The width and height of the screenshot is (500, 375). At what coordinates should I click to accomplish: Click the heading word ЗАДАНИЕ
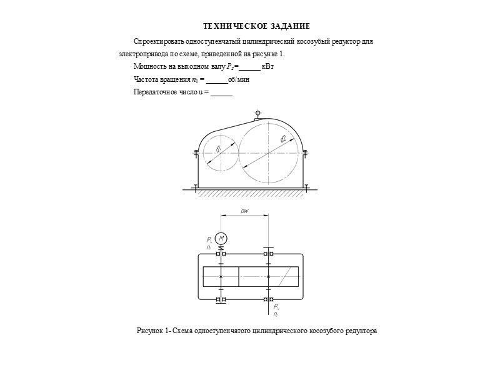click(x=289, y=26)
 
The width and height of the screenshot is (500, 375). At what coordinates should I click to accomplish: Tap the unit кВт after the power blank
click(x=267, y=66)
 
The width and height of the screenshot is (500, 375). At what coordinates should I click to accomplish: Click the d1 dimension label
click(x=218, y=149)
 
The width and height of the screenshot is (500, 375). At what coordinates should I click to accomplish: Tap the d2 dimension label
click(x=283, y=139)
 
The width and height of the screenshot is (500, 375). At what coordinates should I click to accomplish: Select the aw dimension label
click(x=245, y=212)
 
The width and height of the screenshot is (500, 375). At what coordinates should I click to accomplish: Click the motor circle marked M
click(x=221, y=238)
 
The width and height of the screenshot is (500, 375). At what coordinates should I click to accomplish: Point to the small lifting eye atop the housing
click(x=257, y=114)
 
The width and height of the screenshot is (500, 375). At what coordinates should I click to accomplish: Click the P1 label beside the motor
click(x=209, y=239)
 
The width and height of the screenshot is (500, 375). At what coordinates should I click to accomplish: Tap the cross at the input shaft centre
click(x=221, y=276)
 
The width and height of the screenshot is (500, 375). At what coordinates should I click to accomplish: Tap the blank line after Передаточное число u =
click(x=222, y=94)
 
